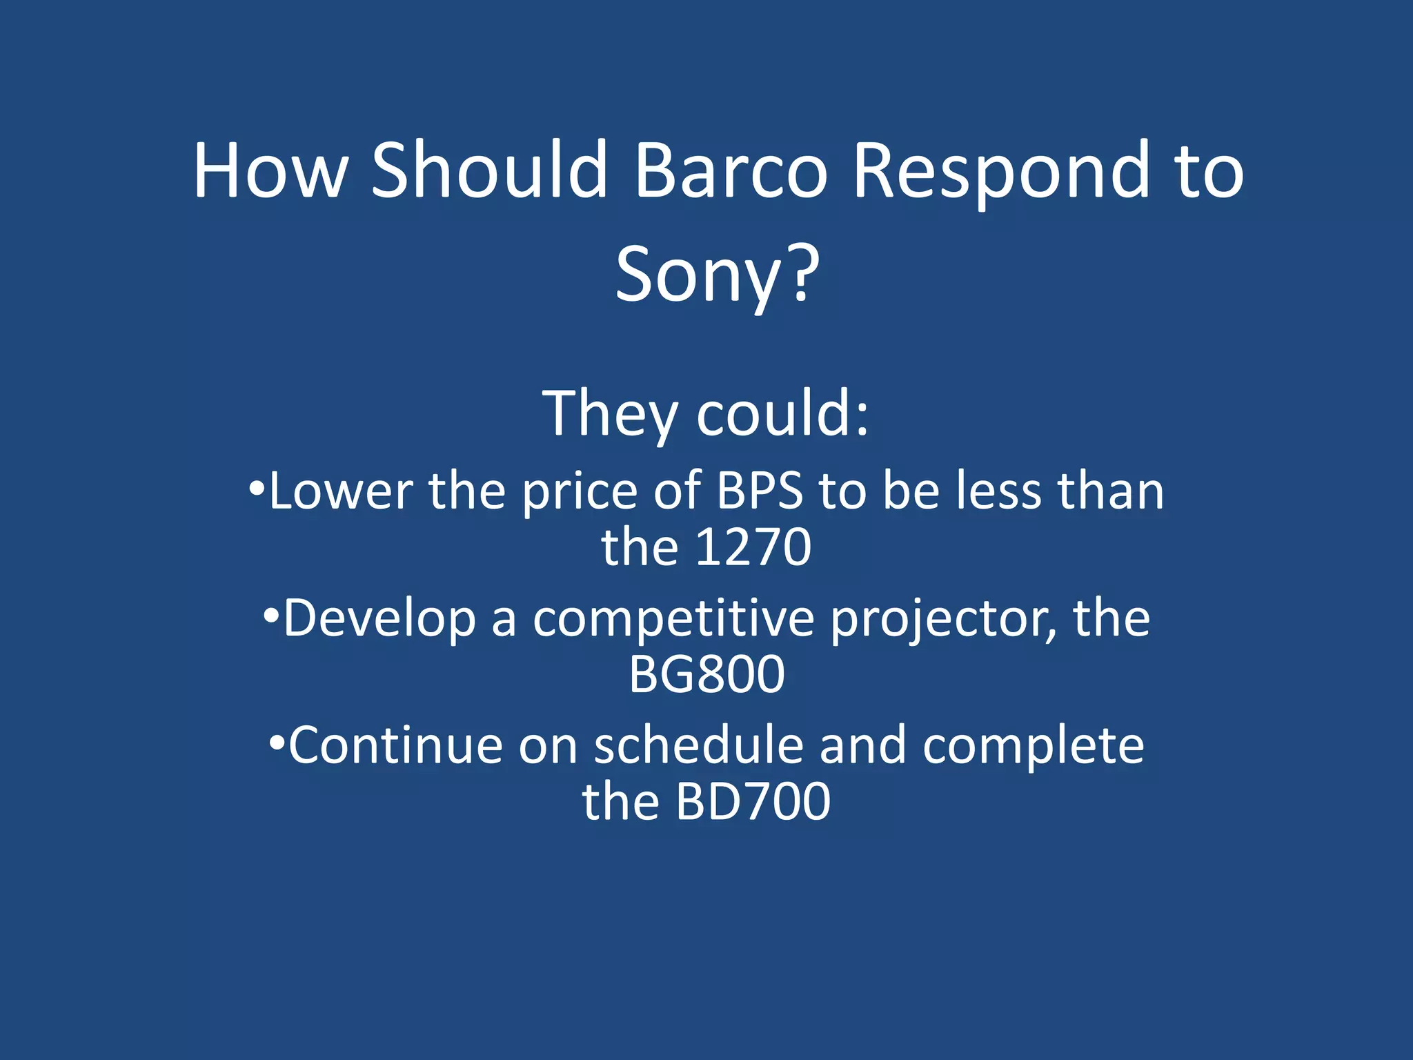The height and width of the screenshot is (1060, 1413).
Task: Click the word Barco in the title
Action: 730,171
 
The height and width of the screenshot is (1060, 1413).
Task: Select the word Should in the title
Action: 489,171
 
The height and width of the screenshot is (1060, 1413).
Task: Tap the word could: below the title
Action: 782,414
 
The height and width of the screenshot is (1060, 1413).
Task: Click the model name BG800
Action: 706,674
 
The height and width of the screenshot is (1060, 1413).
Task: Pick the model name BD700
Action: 753,802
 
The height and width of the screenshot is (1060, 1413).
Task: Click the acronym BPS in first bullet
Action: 760,491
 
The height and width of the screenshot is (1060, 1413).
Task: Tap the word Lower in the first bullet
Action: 341,491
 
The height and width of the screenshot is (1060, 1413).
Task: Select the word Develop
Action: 379,619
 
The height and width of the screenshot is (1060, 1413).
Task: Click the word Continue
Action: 395,746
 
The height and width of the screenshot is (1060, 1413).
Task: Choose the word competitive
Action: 673,619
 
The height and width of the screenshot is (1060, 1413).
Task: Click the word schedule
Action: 698,746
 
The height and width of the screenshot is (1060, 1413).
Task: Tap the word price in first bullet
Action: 580,493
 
